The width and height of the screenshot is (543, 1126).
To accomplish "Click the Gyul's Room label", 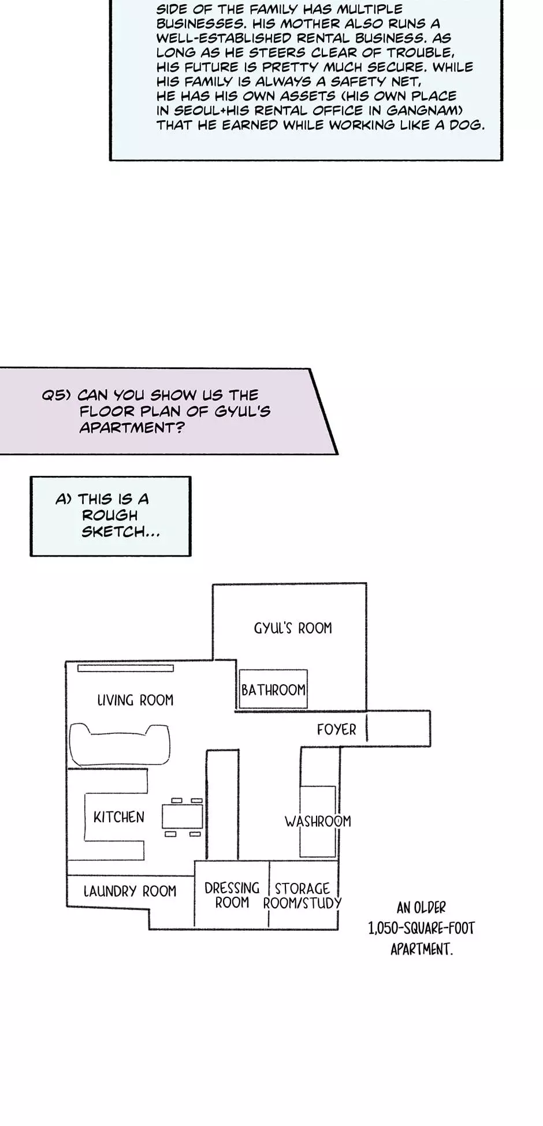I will click(293, 628).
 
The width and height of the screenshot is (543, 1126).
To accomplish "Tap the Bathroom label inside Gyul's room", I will click(273, 690).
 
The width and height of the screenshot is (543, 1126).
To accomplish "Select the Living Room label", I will click(135, 700).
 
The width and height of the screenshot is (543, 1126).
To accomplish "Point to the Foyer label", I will click(336, 730).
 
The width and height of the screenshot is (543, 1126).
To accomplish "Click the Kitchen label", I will click(119, 817).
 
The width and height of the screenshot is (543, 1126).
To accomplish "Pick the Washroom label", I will click(318, 821).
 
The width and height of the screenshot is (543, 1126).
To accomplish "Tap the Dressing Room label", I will click(232, 896).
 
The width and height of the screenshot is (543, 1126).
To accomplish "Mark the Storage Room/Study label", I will click(302, 896).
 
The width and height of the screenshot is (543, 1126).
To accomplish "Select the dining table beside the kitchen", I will click(182, 816).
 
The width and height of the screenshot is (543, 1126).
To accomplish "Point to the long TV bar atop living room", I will click(125, 669).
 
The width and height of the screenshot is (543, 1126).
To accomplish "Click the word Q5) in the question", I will click(56, 396).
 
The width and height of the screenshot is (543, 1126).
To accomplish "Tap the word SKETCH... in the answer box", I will click(120, 532).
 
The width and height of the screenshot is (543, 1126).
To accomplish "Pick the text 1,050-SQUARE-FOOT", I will click(421, 929).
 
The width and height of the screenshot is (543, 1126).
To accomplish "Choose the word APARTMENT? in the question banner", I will click(132, 428).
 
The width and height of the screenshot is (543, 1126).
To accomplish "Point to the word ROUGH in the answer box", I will click(110, 515).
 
